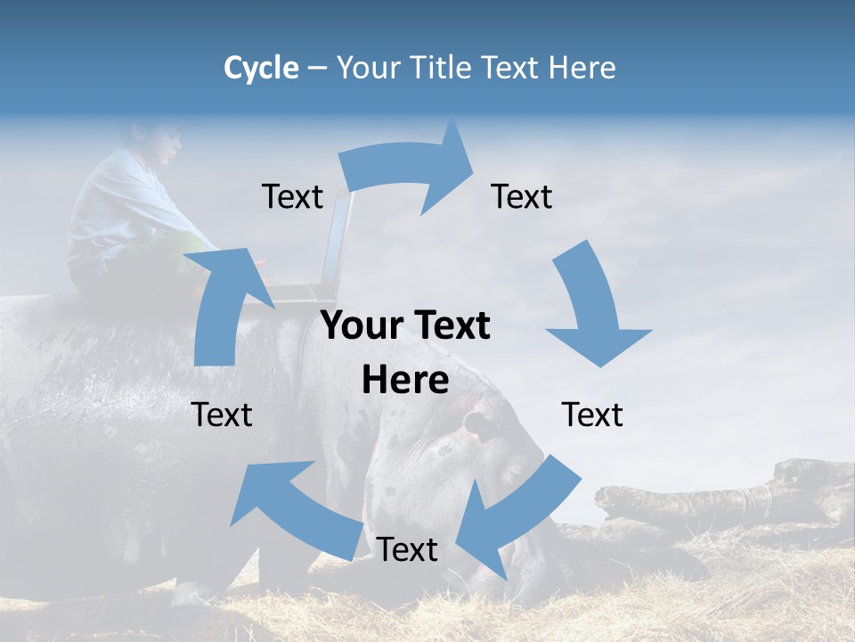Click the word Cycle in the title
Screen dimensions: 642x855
pos(261,68)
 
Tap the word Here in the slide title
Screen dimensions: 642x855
pos(582,68)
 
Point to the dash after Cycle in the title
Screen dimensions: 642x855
pos(317,69)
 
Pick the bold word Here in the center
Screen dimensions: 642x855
pos(405,381)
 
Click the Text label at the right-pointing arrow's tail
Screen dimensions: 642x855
pos(292,197)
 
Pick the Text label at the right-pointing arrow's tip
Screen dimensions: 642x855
pos(522,197)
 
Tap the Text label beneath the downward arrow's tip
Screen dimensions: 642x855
pos(593,415)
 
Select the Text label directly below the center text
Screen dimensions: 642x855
pos(407,550)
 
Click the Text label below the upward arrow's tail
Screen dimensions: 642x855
pos(223,415)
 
